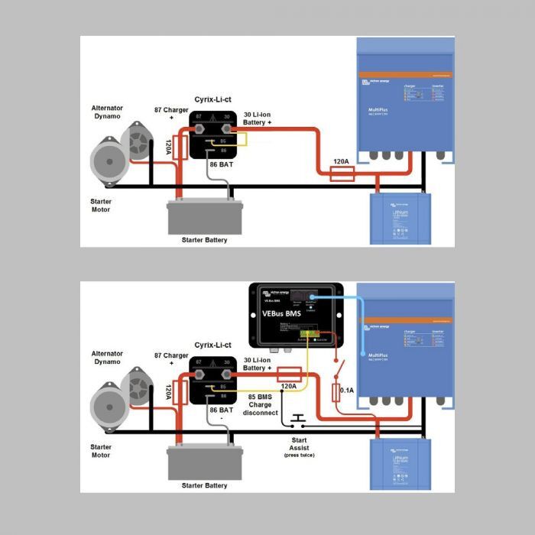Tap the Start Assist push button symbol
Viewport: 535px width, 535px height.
pyautogui.click(x=297, y=420)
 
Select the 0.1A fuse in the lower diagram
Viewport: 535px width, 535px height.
pyautogui.click(x=335, y=392)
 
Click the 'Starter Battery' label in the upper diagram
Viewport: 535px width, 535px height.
pyautogui.click(x=205, y=240)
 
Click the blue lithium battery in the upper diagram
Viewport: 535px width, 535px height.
pyautogui.click(x=400, y=219)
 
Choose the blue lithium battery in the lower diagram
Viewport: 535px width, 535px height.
pyautogui.click(x=400, y=465)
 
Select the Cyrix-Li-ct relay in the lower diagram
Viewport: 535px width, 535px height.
pyautogui.click(x=212, y=380)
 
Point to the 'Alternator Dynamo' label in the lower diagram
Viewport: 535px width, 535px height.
pyautogui.click(x=106, y=358)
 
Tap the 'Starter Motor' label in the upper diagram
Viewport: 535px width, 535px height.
pyautogui.click(x=100, y=206)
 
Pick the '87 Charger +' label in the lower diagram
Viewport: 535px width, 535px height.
pyautogui.click(x=170, y=359)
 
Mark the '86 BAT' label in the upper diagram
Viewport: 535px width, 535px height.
pyautogui.click(x=222, y=164)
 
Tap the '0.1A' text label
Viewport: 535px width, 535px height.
pyautogui.click(x=346, y=391)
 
